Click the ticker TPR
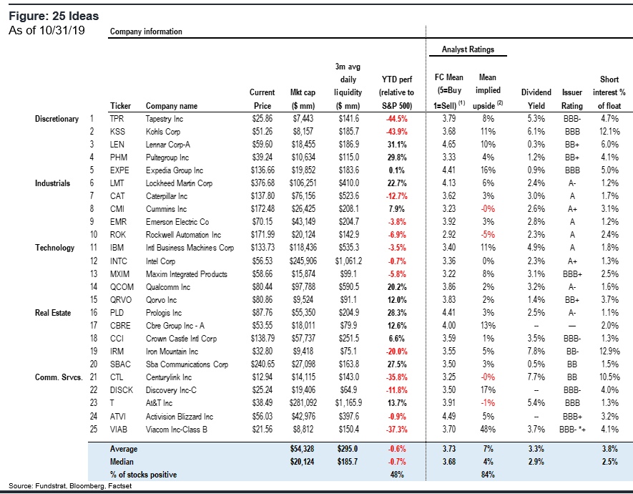(x=117, y=119)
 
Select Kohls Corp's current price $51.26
(x=262, y=132)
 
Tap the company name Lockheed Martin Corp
(x=179, y=183)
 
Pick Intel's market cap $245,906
(x=303, y=261)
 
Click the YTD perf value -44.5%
(x=397, y=119)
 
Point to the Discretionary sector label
(x=57, y=119)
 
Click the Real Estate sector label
(x=53, y=313)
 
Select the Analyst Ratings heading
(x=468, y=49)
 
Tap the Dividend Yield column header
(x=536, y=99)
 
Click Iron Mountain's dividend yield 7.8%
(x=536, y=352)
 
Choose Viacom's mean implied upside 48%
(x=488, y=429)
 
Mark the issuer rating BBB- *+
(x=572, y=430)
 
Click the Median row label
(x=122, y=462)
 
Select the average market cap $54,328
(x=303, y=449)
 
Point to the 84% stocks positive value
(x=488, y=475)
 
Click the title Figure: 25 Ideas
(x=54, y=16)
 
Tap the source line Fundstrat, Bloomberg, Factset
(x=70, y=486)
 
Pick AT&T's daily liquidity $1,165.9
(x=348, y=403)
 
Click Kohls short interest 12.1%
(x=609, y=132)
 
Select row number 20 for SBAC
(x=94, y=364)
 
